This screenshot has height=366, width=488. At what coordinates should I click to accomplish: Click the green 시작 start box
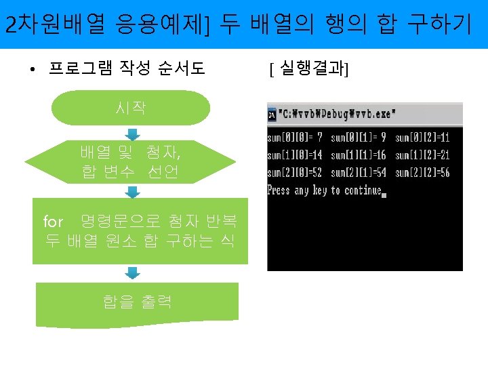(x=130, y=107)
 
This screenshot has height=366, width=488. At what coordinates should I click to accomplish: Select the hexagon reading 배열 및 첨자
(x=130, y=163)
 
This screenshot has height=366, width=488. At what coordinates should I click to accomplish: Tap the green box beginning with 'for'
(x=140, y=230)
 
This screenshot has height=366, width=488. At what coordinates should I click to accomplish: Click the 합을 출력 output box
(x=137, y=301)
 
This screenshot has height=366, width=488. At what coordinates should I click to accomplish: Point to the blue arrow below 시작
(x=133, y=133)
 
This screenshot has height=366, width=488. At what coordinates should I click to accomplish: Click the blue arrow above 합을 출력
(x=133, y=273)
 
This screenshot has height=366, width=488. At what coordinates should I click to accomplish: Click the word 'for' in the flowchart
(x=53, y=222)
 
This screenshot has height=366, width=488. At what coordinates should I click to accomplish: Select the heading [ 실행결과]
(x=308, y=68)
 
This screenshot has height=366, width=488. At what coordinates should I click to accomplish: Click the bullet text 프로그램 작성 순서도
(x=127, y=68)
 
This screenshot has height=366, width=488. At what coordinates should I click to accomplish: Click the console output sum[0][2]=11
(x=422, y=138)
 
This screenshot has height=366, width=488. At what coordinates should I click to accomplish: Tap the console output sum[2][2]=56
(x=422, y=173)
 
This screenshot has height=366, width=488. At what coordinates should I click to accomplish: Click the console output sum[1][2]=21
(x=422, y=155)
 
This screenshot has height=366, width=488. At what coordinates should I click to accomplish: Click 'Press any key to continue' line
(x=325, y=190)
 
